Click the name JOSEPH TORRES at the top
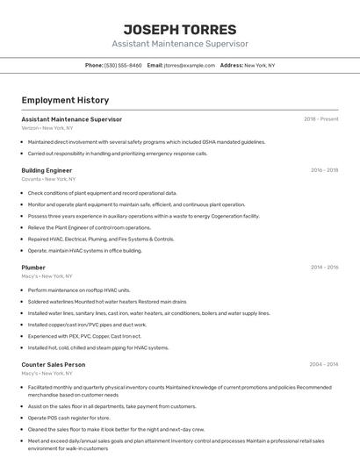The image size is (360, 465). tap(180, 29)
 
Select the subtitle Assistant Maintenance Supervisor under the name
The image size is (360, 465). tap(180, 44)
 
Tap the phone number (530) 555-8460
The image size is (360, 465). tap(123, 66)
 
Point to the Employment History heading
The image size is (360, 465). tap(65, 100)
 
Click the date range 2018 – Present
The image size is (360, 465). tap(320, 119)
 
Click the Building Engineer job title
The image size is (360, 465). tap(47, 170)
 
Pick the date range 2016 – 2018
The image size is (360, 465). tap(324, 170)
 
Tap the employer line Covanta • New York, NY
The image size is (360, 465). tap(47, 179)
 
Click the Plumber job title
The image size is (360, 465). tap(33, 268)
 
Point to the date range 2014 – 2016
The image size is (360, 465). tap(324, 268)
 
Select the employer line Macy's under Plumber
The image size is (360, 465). tap(47, 276)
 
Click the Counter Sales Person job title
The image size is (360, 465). tap(53, 364)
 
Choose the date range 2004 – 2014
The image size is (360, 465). tap(323, 364)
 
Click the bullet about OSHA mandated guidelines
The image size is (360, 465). tap(146, 141)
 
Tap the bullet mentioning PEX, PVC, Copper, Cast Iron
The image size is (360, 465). tap(84, 336)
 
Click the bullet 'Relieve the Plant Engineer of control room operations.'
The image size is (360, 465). tap(89, 227)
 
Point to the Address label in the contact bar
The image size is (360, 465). tap(231, 66)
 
